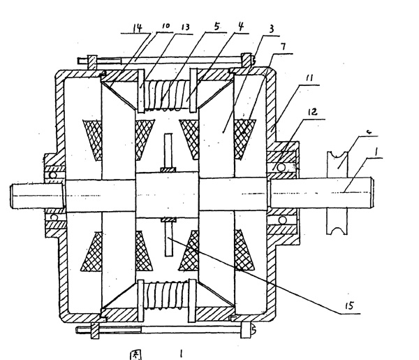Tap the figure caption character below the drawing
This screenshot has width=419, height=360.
click(x=135, y=352)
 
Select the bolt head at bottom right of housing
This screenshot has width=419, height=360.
click(x=249, y=327)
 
